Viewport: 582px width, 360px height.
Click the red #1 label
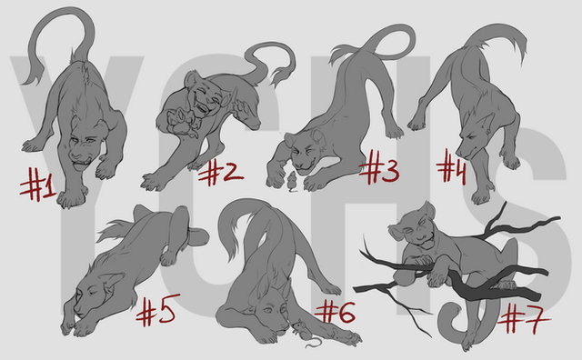click(38, 184)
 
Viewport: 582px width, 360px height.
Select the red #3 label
click(379, 167)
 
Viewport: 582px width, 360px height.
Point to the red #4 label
click(451, 166)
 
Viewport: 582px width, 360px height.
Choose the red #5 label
click(158, 310)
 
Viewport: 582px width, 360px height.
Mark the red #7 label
click(524, 318)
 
